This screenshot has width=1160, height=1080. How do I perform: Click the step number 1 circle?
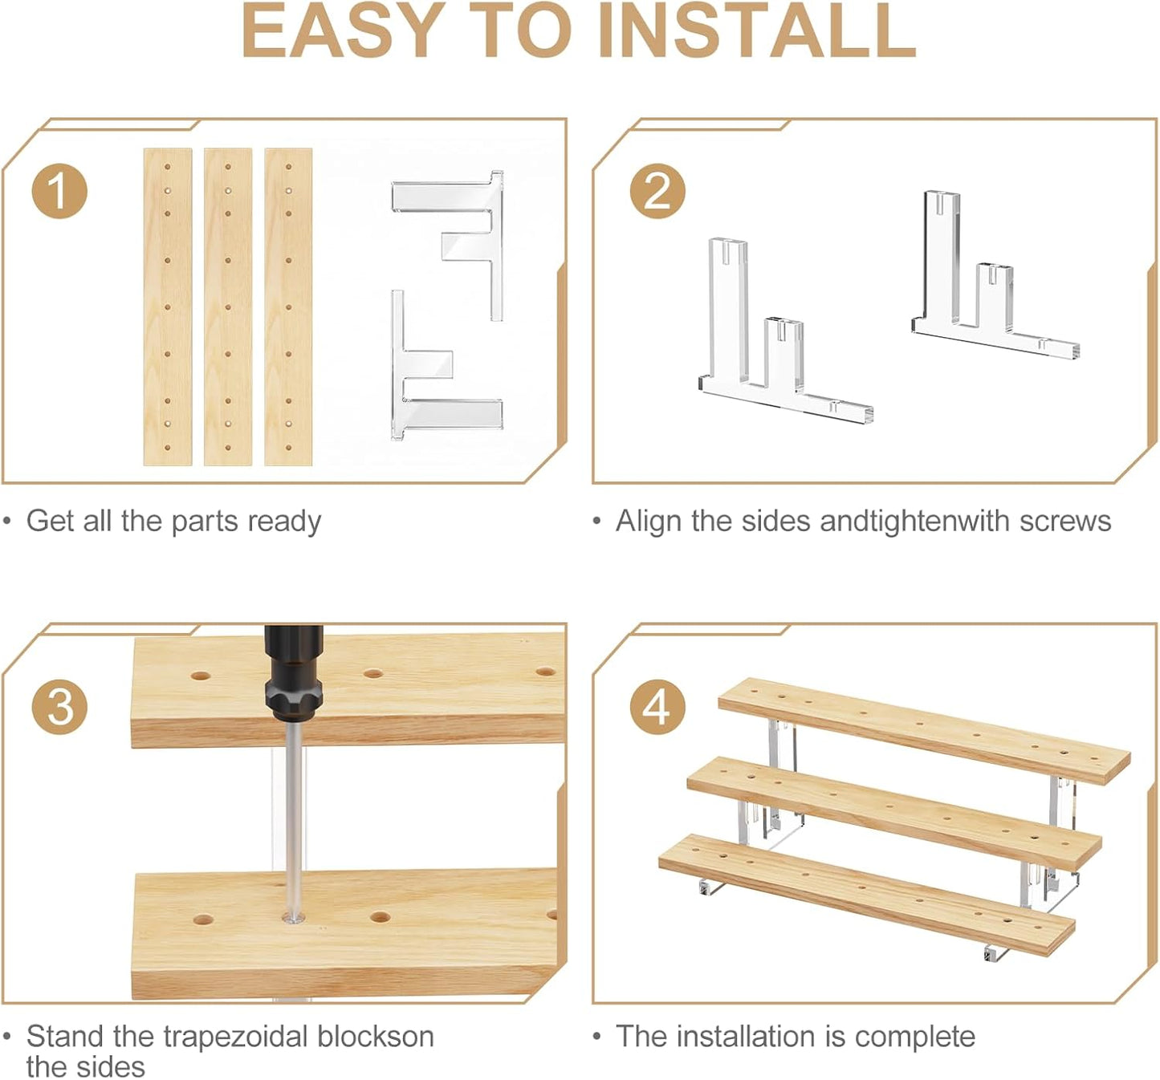(59, 192)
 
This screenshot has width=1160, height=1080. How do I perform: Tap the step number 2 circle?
(657, 192)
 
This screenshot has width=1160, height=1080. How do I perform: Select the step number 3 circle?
(59, 708)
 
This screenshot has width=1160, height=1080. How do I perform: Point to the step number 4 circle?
(657, 708)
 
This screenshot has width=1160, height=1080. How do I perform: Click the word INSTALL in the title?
(757, 30)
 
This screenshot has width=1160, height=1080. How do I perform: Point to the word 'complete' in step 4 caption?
(914, 1037)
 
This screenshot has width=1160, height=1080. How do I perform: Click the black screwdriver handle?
(293, 673)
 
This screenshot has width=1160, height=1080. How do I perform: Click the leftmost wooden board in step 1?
(168, 307)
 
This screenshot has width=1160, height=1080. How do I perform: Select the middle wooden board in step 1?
(228, 307)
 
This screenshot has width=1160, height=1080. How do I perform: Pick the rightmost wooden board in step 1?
(288, 307)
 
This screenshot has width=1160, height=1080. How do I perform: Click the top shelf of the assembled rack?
(923, 731)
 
